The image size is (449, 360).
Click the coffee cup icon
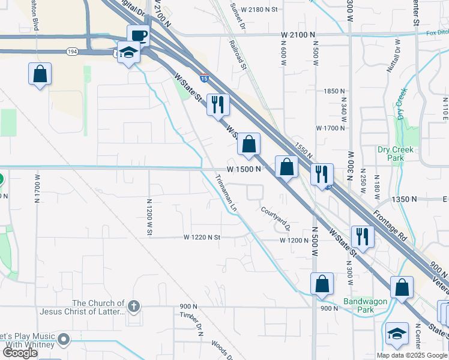click(x=138, y=35)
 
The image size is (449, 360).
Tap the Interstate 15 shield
click(x=204, y=78)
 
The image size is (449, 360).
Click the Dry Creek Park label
click(x=394, y=154)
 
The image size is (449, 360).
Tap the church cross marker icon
click(x=133, y=307)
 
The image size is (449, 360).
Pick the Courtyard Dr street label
click(x=276, y=219)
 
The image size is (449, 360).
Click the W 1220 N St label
click(x=202, y=238)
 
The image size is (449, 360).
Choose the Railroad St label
click(x=239, y=55)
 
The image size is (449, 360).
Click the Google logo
click(x=20, y=353)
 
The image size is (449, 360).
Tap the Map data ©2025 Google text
click(x=412, y=355)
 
